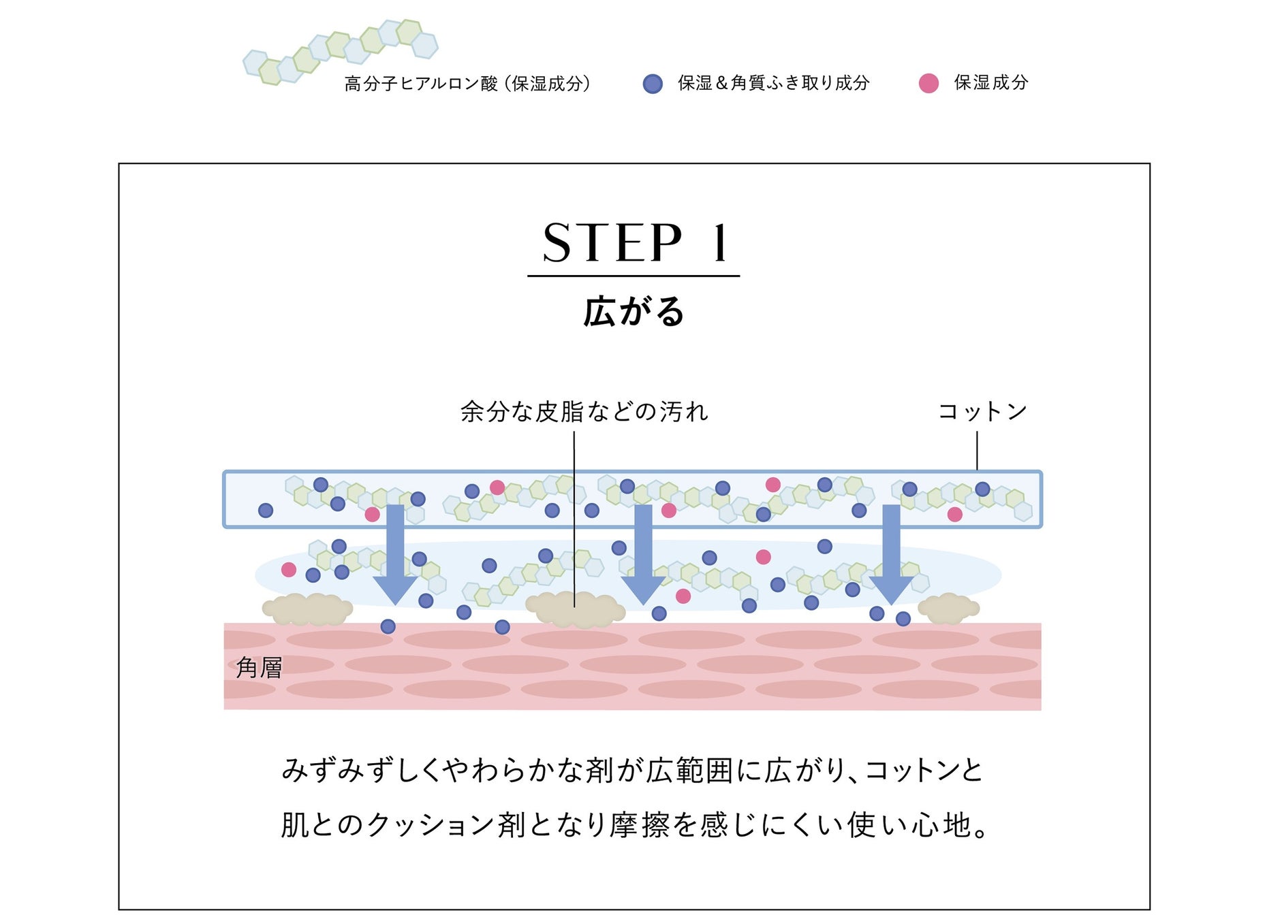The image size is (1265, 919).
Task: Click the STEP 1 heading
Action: point(634,243)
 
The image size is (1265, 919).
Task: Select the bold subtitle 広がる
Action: point(634,312)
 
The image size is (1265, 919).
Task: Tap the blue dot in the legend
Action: point(653,84)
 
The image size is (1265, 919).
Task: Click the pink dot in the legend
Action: point(928,84)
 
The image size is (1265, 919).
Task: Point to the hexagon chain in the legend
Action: point(341,52)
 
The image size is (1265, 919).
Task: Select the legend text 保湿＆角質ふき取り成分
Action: point(773,83)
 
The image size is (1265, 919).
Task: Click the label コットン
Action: point(982,411)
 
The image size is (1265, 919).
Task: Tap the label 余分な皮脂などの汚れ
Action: point(584,412)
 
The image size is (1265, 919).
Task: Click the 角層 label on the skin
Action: point(259,668)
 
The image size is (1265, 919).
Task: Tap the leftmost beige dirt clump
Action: point(308,609)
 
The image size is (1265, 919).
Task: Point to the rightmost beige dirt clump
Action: point(948,608)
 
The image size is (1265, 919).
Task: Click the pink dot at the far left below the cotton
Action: point(289,570)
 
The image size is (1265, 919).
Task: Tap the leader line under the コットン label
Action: point(977,450)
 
